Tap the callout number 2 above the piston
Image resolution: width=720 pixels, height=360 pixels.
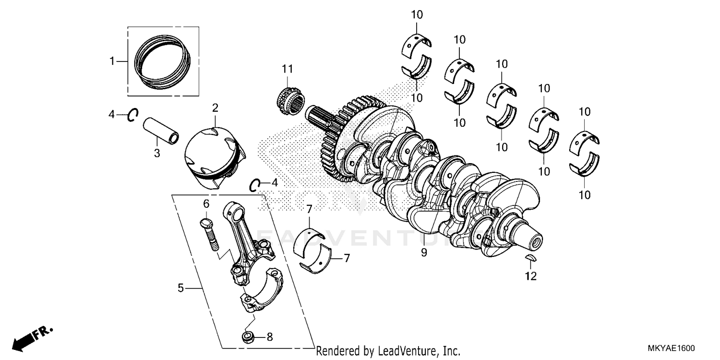[215, 108]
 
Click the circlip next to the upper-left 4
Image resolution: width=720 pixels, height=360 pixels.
[132, 115]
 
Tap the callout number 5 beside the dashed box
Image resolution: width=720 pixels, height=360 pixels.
[180, 288]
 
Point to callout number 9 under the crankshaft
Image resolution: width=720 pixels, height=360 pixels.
[424, 252]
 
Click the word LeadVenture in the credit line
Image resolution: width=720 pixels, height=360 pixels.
[404, 351]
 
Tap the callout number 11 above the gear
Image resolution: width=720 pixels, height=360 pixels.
[287, 69]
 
